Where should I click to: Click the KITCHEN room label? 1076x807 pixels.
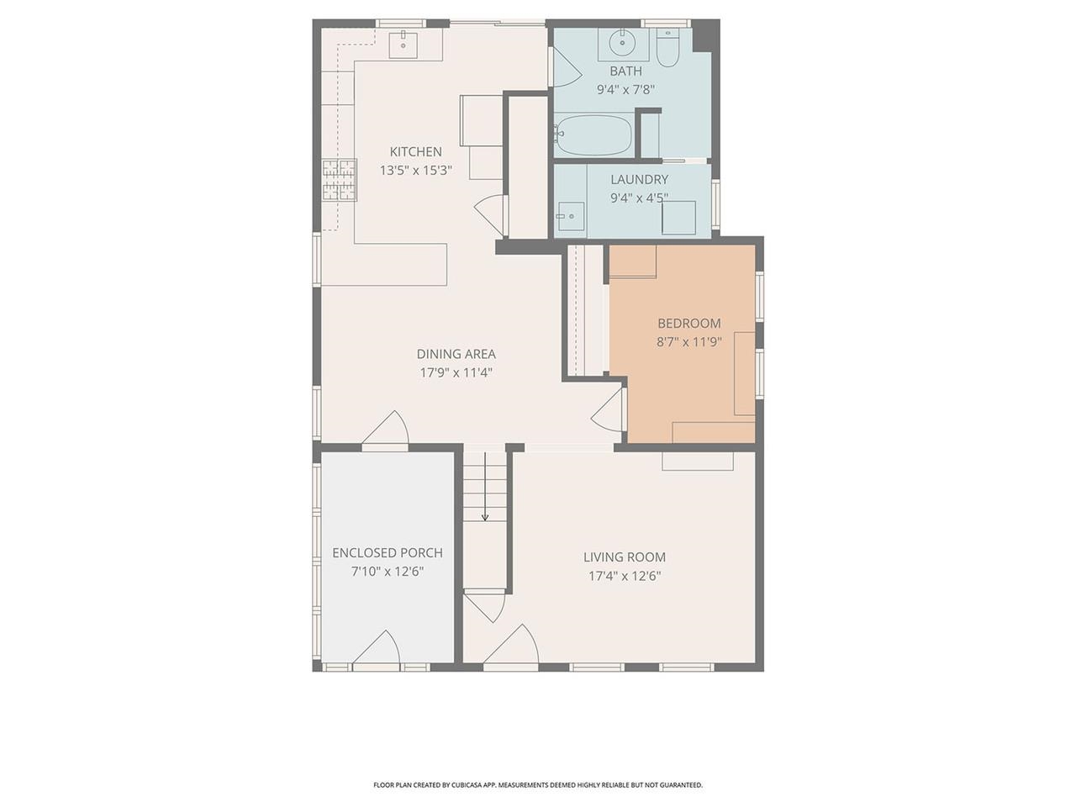point(415,152)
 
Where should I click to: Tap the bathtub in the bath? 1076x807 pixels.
point(593,135)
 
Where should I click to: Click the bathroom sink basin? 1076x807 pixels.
point(623,41)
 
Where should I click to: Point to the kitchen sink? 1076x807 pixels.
point(404,44)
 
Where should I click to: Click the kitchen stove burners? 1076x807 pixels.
point(340,180)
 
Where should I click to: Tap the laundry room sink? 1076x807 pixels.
point(571,218)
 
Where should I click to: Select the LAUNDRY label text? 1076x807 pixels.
point(639,179)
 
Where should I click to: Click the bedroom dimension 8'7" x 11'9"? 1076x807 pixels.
point(688,342)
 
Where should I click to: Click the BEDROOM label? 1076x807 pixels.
point(688,324)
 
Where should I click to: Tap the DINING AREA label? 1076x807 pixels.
point(456,354)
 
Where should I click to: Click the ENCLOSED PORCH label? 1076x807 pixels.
point(387,553)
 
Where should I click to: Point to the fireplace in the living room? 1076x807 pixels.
point(697,461)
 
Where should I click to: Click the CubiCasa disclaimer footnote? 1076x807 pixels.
point(538,785)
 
